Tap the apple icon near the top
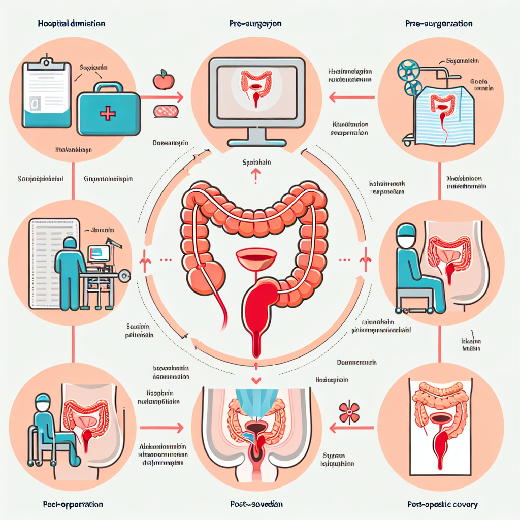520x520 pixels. tap(164, 79)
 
